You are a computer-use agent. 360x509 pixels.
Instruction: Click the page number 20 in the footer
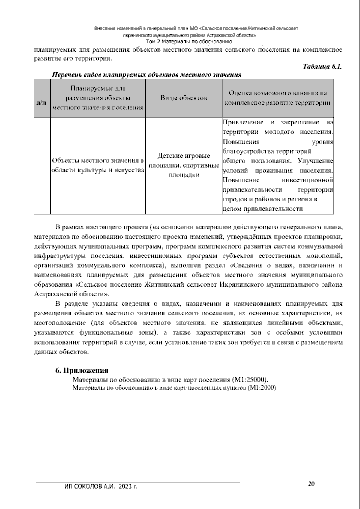311,484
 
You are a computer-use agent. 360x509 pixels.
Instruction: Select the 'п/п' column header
41,103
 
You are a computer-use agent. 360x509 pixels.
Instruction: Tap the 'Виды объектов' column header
184,98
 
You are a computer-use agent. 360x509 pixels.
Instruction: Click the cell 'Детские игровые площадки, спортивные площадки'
184,165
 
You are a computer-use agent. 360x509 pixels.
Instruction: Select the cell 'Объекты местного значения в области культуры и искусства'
98,165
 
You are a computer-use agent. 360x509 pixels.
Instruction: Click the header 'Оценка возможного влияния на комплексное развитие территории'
277,98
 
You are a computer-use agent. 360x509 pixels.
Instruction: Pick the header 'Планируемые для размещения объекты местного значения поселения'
98,98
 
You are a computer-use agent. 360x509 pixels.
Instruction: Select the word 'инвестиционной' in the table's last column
307,180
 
